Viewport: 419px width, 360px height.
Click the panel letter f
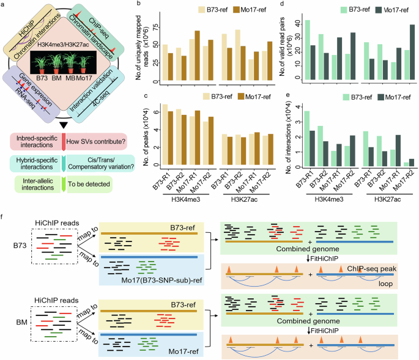click(x=4, y=217)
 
